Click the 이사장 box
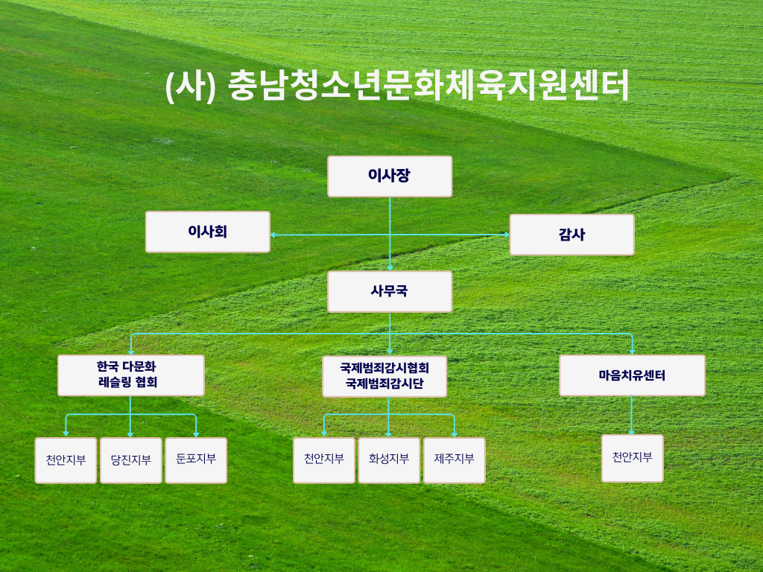coord(390,177)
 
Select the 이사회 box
coord(208,232)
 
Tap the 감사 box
coord(572,235)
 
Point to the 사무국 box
coord(390,292)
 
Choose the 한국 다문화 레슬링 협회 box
coord(131,375)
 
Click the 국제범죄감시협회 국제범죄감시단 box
coord(384,376)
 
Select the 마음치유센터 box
coord(632,375)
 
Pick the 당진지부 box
coord(131,460)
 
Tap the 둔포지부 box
coord(196,460)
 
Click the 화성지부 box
coord(389,460)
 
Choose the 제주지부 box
coord(454,460)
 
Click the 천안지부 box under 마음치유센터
coord(632,459)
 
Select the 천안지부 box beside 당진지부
coord(66,460)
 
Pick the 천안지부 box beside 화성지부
coord(323,460)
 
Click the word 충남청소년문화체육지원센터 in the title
coord(428,86)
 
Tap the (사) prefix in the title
coord(191,86)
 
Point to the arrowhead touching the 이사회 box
coord(273,235)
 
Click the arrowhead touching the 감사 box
coord(507,235)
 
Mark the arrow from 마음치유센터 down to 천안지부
coord(632,415)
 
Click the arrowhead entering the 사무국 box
coord(390,268)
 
